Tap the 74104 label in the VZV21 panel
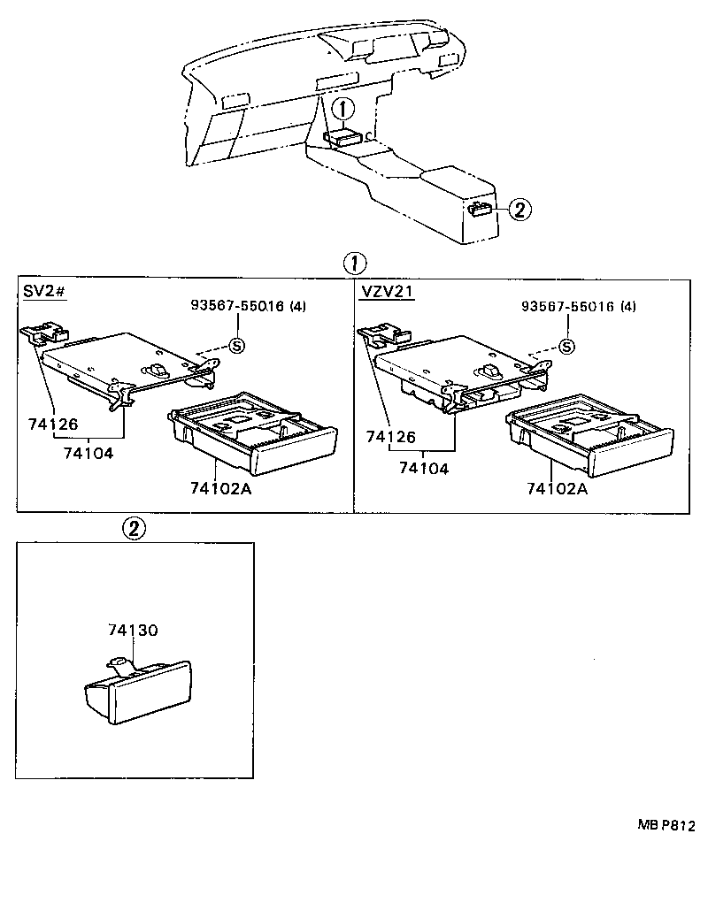(423, 468)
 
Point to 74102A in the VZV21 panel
(557, 488)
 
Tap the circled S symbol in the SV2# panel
(236, 345)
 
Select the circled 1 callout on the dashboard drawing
(342, 110)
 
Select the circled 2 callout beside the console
(520, 210)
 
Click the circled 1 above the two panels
(353, 264)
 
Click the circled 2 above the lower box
(132, 529)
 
